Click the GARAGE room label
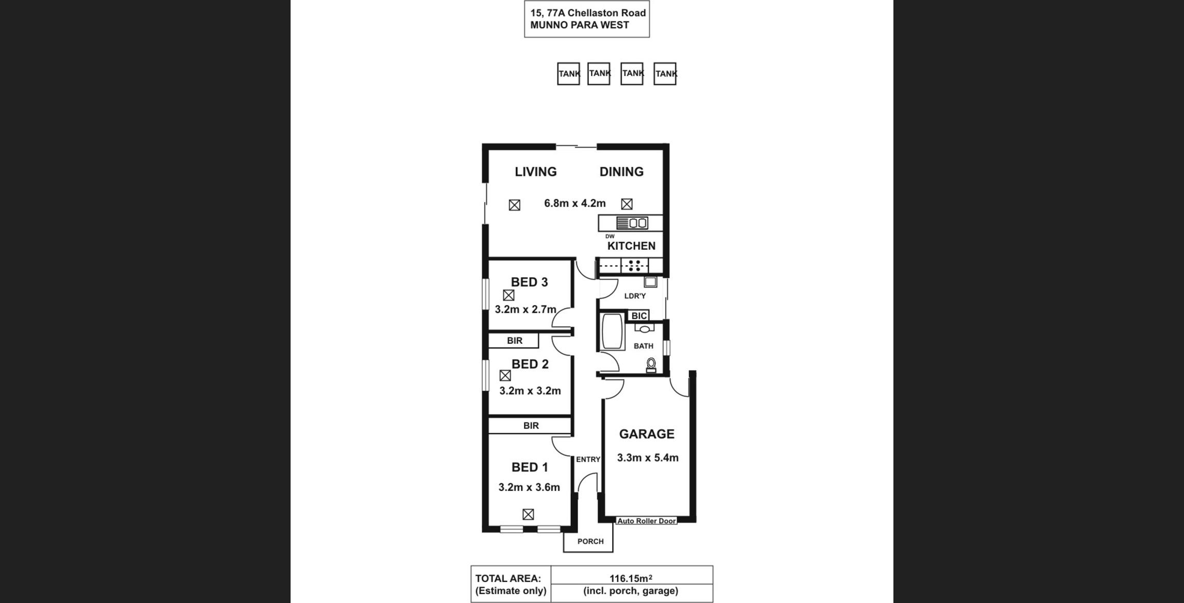tap(647, 434)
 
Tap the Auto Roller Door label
tap(647, 521)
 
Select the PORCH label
tap(590, 542)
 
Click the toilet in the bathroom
tap(651, 365)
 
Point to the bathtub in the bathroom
tap(613, 331)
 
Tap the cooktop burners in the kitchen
tap(634, 266)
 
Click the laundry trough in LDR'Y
tap(650, 282)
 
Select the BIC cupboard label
tap(639, 316)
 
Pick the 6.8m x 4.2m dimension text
tap(575, 203)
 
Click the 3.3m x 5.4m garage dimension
tap(648, 458)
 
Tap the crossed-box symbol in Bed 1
tap(528, 514)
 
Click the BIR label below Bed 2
tap(531, 426)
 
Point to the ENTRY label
tap(588, 459)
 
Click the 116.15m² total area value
tap(631, 579)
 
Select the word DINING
tap(621, 172)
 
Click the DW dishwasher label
tap(610, 236)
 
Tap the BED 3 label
tap(530, 282)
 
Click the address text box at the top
tap(587, 19)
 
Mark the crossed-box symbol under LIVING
tap(515, 205)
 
